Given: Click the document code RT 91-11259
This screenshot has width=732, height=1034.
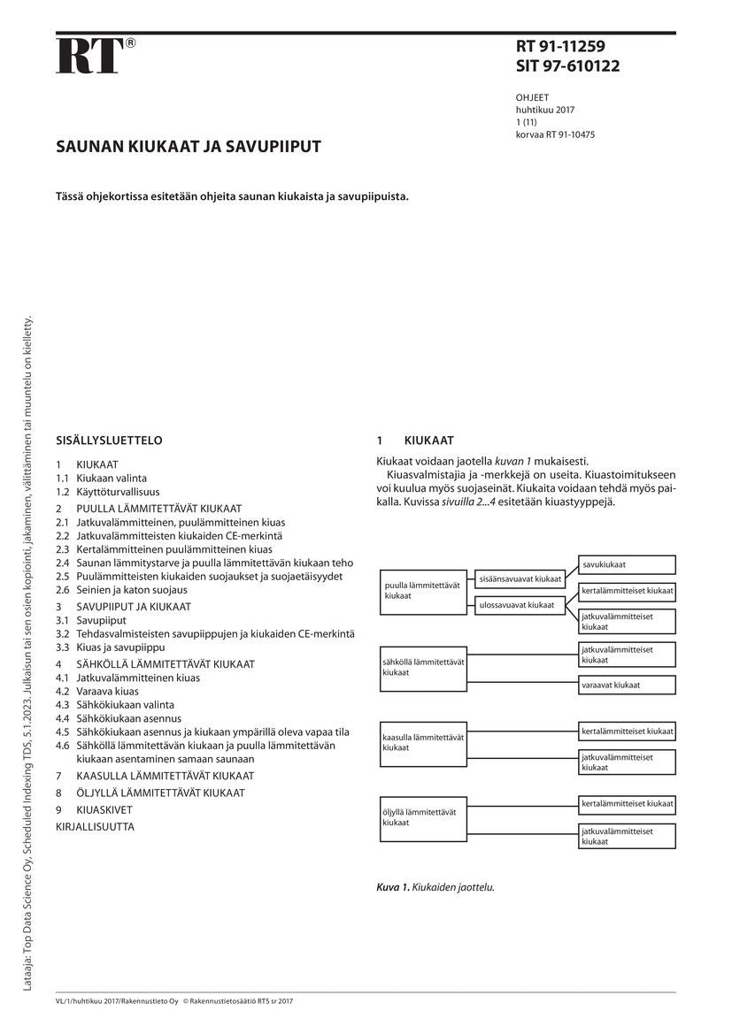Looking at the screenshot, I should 561,47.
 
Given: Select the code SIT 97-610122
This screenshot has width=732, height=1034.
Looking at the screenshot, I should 567,66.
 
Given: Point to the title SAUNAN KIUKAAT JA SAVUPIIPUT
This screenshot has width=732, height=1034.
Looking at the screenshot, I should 189,146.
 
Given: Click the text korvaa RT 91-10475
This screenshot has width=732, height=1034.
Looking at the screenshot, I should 555,134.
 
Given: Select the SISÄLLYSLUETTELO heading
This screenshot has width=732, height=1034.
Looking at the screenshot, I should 109,440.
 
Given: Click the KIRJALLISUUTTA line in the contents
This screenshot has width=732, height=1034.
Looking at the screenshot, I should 95,827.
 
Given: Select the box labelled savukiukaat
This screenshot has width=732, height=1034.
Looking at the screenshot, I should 627,564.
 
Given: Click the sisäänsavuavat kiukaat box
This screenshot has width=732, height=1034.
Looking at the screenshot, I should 520,579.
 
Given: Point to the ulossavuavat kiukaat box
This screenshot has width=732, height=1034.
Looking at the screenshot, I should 520,605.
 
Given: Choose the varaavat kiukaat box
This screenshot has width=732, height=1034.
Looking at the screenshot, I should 627,685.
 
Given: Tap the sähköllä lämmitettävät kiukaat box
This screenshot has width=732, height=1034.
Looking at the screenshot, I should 423,667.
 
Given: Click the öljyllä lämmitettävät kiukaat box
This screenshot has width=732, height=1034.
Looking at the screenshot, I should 423,816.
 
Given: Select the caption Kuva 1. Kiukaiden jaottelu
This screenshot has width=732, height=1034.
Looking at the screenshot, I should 435,886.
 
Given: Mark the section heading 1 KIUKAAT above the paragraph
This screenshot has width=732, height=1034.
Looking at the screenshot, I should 416,440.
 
